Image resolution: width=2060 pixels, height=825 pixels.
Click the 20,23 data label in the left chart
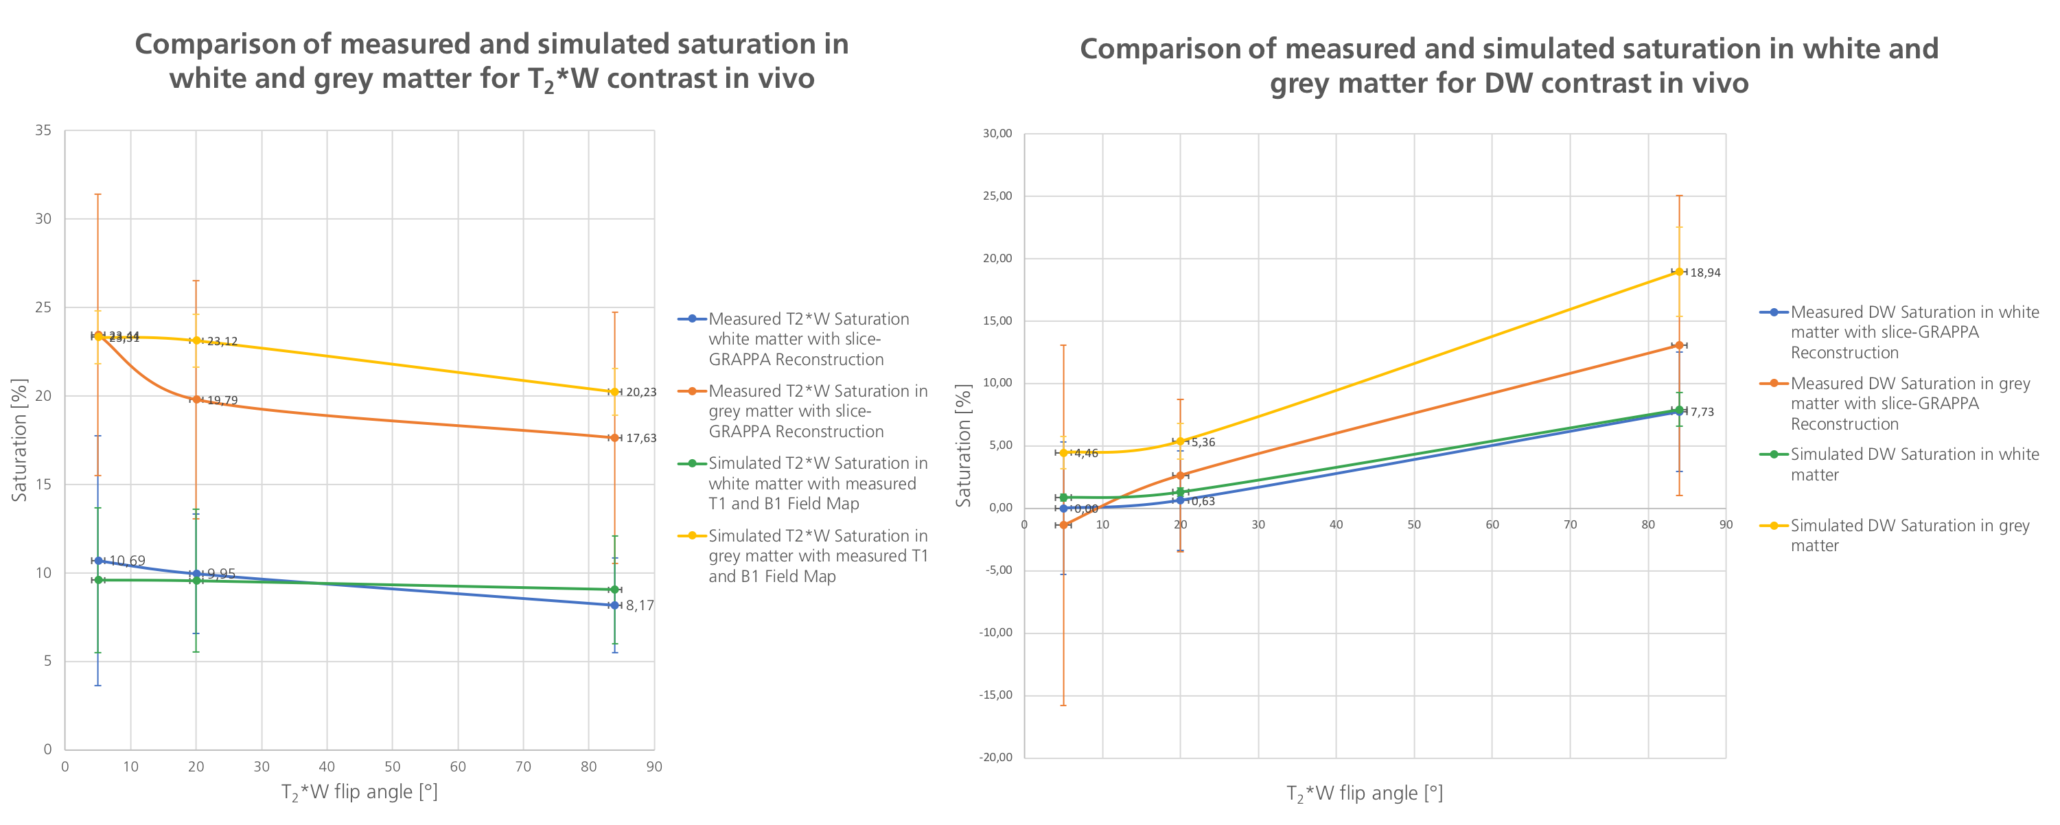point(640,393)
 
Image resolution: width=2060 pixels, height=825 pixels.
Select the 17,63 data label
point(640,438)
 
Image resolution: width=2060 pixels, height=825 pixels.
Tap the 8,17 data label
point(640,606)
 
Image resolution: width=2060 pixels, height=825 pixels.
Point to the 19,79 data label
point(222,401)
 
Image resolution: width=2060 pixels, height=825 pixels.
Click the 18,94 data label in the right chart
point(1705,272)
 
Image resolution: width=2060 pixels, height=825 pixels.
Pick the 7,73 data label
point(1702,412)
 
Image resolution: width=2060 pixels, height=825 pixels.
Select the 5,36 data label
point(1203,443)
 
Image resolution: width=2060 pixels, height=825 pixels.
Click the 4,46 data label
point(1086,453)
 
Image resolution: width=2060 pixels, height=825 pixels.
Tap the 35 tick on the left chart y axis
point(43,130)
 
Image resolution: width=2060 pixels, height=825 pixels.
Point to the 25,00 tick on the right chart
point(997,196)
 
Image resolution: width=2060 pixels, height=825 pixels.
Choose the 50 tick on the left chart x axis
point(392,767)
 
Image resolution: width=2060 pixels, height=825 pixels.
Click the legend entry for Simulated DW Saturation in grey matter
point(1909,535)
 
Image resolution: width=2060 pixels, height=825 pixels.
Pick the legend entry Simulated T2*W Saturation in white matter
point(818,484)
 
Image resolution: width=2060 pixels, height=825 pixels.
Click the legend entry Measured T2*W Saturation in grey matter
point(818,412)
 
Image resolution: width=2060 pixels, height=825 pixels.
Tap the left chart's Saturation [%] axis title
point(19,440)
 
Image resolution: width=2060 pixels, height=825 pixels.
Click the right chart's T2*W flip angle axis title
point(1364,794)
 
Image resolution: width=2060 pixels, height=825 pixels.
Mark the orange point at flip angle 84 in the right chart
point(1678,345)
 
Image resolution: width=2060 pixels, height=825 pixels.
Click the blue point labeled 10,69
point(98,560)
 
